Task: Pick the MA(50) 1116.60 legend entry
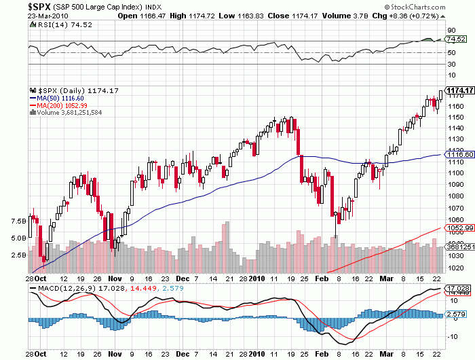(56, 98)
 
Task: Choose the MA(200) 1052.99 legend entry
(58, 105)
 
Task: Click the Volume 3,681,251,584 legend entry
(68, 112)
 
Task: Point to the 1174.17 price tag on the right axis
(459, 90)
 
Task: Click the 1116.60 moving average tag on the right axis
(459, 155)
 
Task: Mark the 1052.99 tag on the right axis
(459, 228)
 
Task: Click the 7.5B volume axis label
(18, 222)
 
